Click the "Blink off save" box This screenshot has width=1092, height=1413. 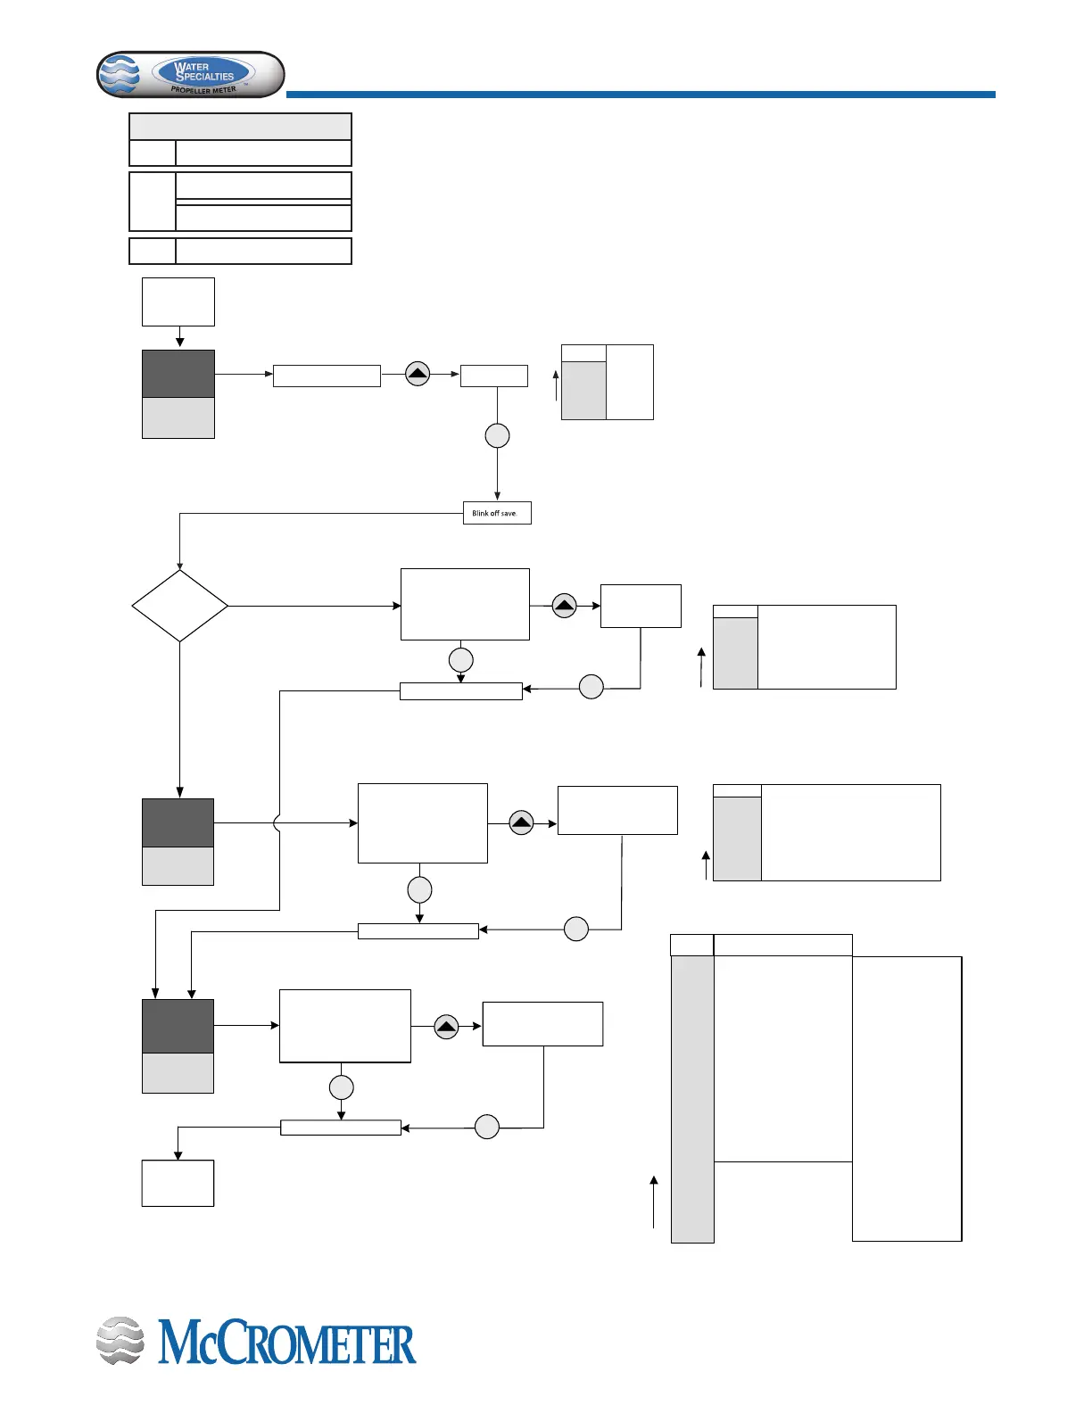click(x=497, y=513)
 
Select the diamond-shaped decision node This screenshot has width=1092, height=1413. click(x=179, y=606)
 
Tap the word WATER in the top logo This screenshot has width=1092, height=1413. click(x=193, y=67)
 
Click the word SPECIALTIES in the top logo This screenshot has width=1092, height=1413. click(x=205, y=77)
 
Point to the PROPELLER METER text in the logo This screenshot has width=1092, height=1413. click(x=203, y=90)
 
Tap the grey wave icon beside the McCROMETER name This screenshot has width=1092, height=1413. click(x=120, y=1341)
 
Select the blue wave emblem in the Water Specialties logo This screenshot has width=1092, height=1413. click(x=120, y=75)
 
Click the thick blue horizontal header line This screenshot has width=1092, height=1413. click(x=640, y=94)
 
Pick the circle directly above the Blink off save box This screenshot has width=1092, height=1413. click(x=497, y=435)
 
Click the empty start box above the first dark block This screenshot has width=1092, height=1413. click(x=178, y=302)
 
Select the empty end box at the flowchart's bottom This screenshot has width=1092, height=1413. click(x=178, y=1183)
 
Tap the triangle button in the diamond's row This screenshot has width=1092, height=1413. click(x=565, y=606)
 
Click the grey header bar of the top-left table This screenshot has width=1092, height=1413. click(x=240, y=126)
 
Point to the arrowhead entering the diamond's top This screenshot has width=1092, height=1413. click(x=179, y=566)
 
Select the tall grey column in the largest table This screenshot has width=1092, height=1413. click(x=692, y=1099)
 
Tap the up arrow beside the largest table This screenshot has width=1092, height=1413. click(x=654, y=1201)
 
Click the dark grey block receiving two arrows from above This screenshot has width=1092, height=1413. click(x=178, y=1026)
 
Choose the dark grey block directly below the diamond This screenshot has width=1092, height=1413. click(x=178, y=822)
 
